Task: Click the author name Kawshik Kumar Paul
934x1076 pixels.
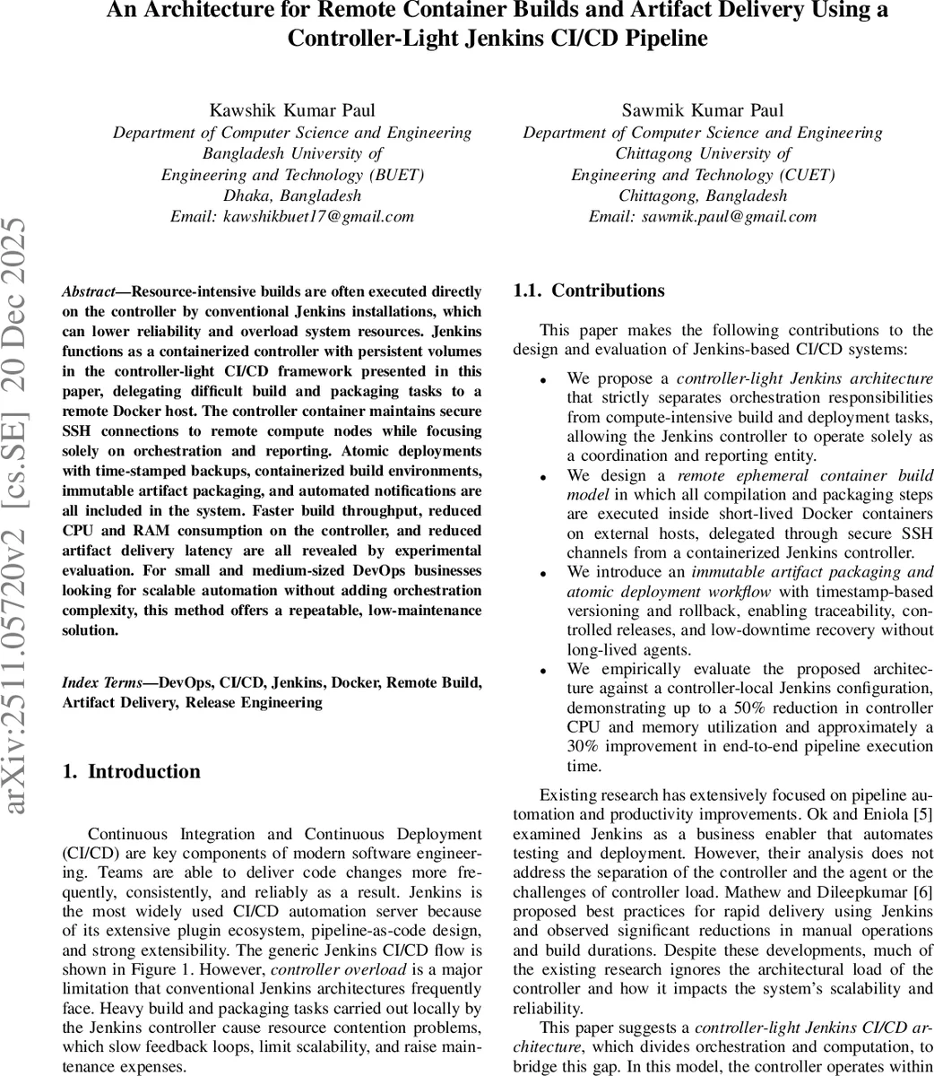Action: click(291, 111)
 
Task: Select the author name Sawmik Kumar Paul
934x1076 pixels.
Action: click(702, 111)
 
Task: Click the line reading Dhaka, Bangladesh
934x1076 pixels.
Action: click(291, 195)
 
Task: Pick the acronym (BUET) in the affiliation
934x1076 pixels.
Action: click(393, 175)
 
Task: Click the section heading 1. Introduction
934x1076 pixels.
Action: click(132, 772)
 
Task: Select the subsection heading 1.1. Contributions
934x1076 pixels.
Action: click(588, 291)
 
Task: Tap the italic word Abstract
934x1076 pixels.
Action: click(88, 292)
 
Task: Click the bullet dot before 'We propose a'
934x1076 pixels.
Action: click(544, 381)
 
